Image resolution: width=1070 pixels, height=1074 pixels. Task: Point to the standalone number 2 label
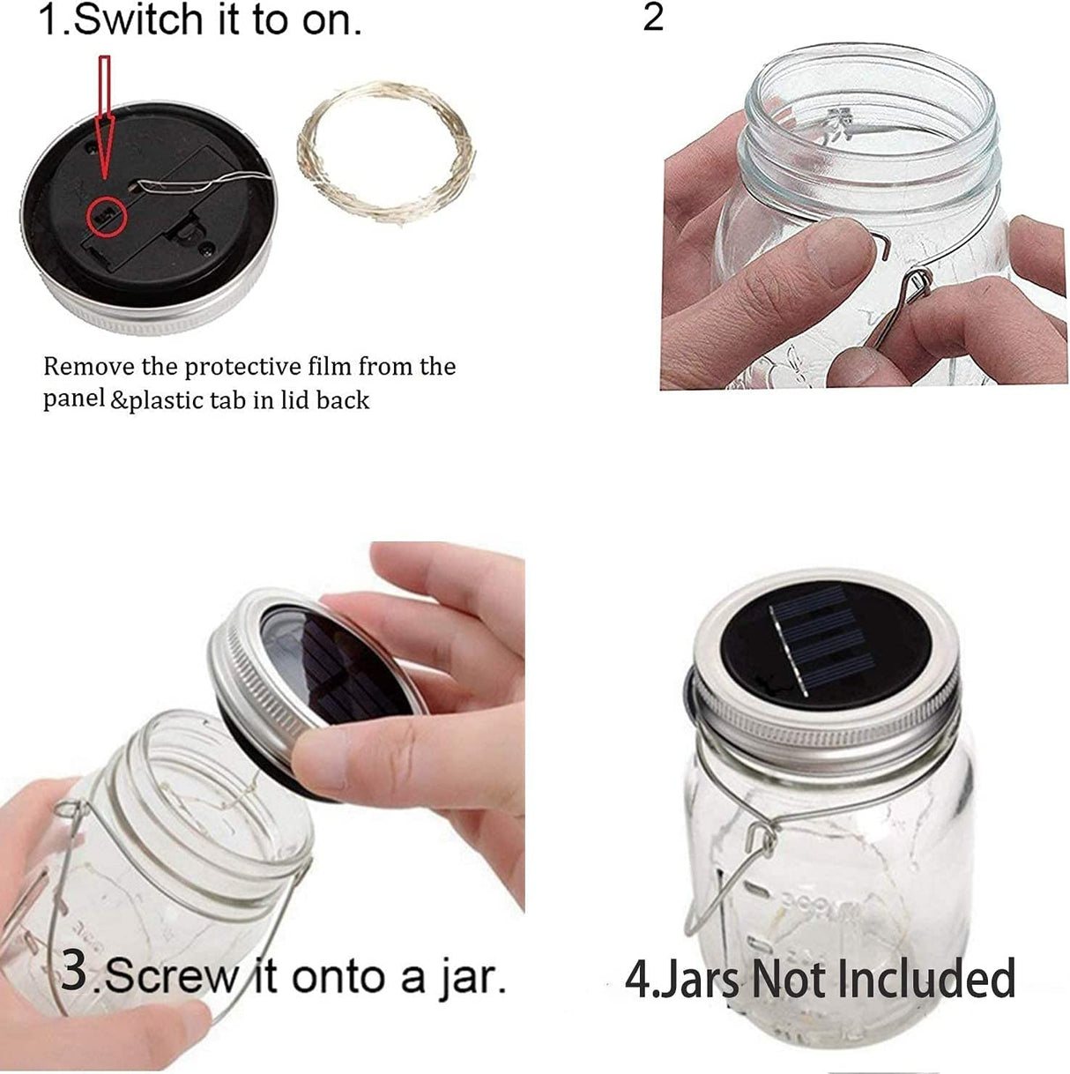652,18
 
